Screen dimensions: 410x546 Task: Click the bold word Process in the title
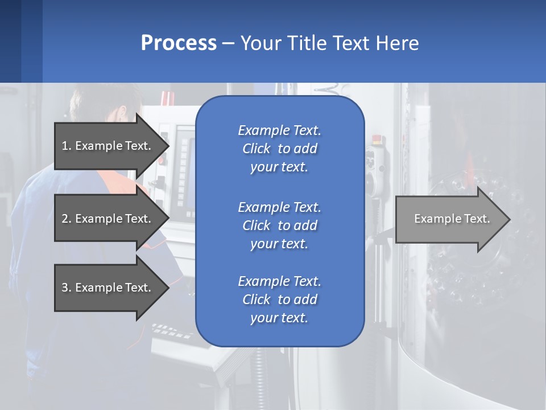[179, 43]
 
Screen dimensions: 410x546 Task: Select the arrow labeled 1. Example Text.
[108, 146]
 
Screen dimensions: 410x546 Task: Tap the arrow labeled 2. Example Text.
[108, 219]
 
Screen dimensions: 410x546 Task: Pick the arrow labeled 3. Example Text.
[108, 288]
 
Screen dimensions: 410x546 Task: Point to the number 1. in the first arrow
[67, 146]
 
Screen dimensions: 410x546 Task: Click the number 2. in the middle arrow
[67, 219]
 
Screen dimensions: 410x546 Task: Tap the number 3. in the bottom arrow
[67, 288]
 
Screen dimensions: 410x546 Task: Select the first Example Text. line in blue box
[279, 130]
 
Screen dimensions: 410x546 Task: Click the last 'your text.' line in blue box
[279, 318]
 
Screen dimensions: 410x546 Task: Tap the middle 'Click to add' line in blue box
[279, 225]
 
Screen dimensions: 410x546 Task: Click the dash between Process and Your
[228, 43]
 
